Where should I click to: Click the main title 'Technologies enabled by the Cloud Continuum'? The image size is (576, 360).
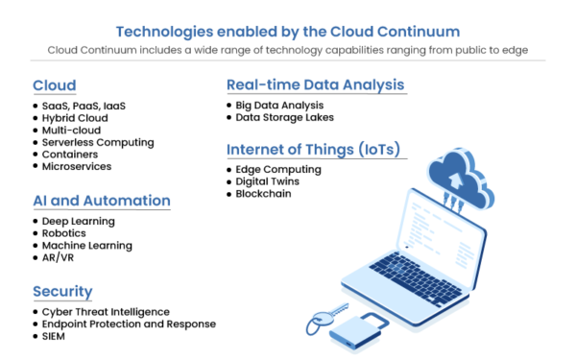pos(288,29)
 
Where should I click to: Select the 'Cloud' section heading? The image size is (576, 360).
pos(54,84)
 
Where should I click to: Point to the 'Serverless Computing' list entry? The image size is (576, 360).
pos(98,142)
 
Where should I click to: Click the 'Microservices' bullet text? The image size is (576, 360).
pos(77,166)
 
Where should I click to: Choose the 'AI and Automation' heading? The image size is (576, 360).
pos(101,201)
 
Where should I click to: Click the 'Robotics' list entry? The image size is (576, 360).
pos(65,233)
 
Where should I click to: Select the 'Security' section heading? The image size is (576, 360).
pos(62,291)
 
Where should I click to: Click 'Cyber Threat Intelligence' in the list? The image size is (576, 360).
pos(106,312)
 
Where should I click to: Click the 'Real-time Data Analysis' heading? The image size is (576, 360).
pos(316,84)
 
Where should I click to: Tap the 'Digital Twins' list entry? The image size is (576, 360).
pos(270,181)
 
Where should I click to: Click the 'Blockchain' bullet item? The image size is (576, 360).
pos(264,194)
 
